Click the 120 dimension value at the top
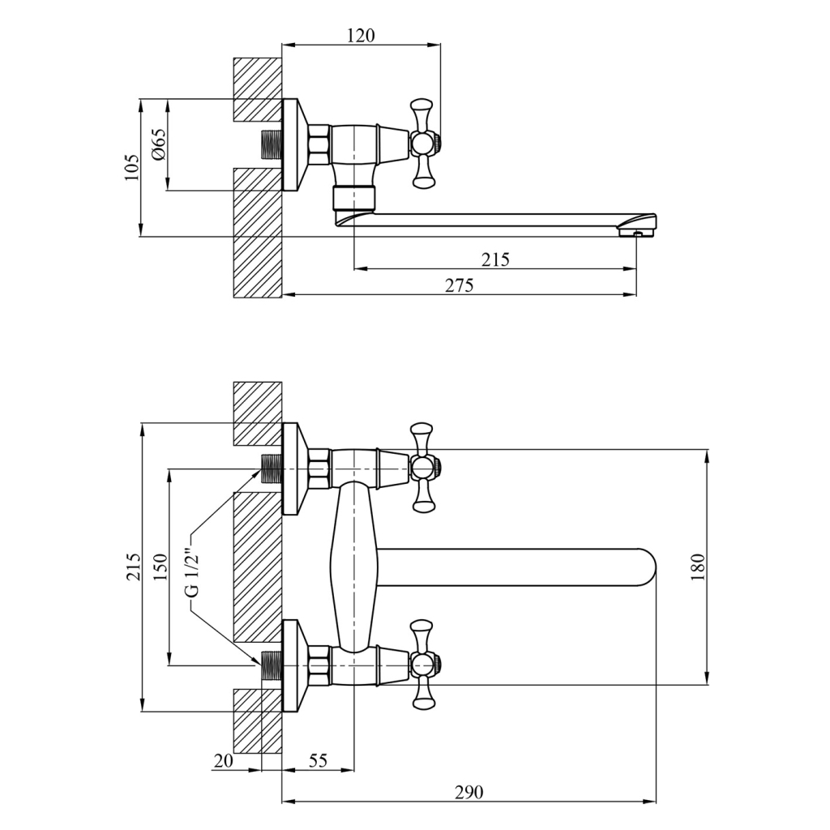(x=362, y=35)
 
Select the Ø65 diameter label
(x=158, y=145)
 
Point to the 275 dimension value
(x=459, y=285)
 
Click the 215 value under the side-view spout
(x=495, y=259)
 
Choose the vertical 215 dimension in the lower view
(x=133, y=567)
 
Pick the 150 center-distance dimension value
(x=159, y=567)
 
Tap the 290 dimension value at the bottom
(x=468, y=792)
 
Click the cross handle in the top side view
(x=421, y=144)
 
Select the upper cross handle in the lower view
(x=421, y=467)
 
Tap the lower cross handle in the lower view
(x=421, y=665)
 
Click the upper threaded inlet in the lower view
(x=270, y=468)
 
